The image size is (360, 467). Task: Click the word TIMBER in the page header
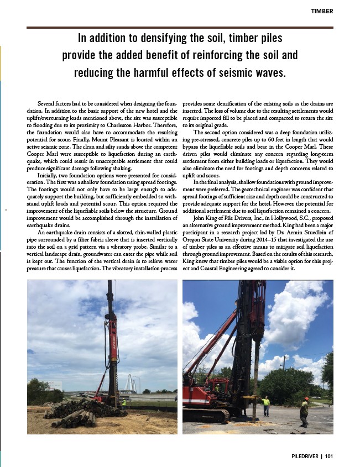(322, 11)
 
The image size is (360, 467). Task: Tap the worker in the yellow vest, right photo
(266, 405)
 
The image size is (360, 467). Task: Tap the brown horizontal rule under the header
(180, 27)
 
